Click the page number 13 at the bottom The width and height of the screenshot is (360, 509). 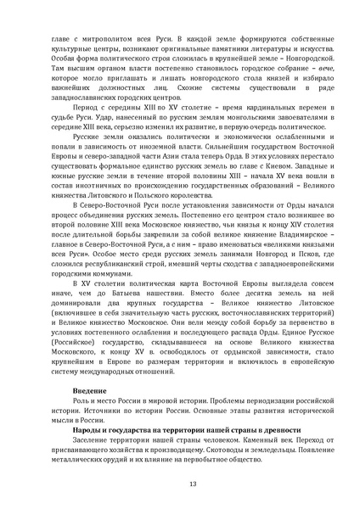(x=180, y=485)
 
